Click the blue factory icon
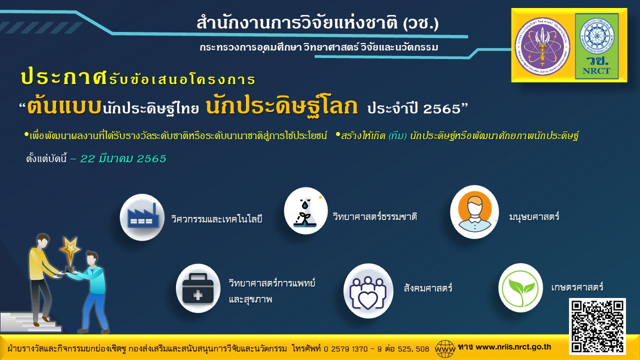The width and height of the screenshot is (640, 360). pyautogui.click(x=142, y=217)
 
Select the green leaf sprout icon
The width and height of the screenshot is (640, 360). pyautogui.click(x=521, y=287)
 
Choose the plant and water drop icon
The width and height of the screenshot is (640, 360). pyautogui.click(x=305, y=211)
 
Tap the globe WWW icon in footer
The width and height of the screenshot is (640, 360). pyautogui.click(x=445, y=347)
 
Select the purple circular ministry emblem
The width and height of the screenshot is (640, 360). pyautogui.click(x=542, y=46)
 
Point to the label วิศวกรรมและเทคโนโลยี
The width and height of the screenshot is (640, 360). pyautogui.click(x=216, y=219)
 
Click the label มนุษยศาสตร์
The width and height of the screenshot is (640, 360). pyautogui.click(x=534, y=217)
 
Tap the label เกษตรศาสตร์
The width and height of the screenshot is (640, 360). pyautogui.click(x=577, y=287)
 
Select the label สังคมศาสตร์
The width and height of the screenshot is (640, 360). pyautogui.click(x=428, y=288)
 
